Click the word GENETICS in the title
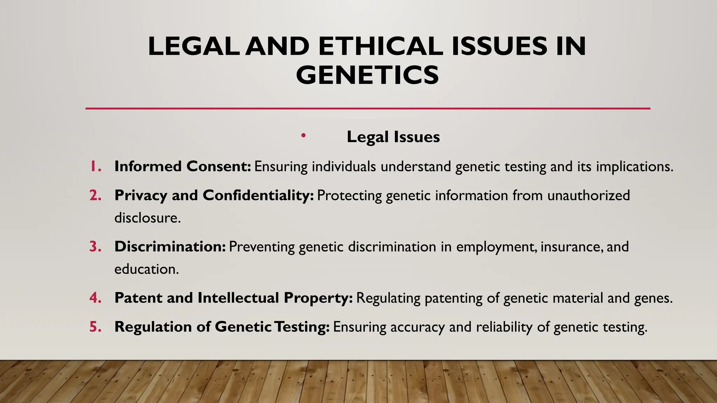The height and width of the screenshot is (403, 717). pyautogui.click(x=367, y=75)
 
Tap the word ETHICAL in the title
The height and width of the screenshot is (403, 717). pyautogui.click(x=381, y=46)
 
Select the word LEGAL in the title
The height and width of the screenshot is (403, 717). pyautogui.click(x=194, y=46)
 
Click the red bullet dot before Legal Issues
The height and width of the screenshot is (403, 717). pyautogui.click(x=303, y=135)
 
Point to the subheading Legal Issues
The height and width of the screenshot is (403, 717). pyautogui.click(x=393, y=137)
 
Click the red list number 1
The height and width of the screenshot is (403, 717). pyautogui.click(x=95, y=167)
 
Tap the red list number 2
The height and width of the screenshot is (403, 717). pyautogui.click(x=95, y=196)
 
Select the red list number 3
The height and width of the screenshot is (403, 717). pyautogui.click(x=95, y=247)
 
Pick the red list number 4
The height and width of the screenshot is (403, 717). pyautogui.click(x=95, y=298)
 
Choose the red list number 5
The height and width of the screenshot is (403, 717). pyautogui.click(x=95, y=327)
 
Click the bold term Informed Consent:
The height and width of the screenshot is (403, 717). pyautogui.click(x=183, y=167)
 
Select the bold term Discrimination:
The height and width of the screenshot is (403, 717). pyautogui.click(x=170, y=247)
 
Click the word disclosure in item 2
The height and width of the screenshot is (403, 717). pyautogui.click(x=147, y=218)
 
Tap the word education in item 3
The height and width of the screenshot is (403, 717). pyautogui.click(x=146, y=269)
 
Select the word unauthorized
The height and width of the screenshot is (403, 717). pyautogui.click(x=589, y=196)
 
